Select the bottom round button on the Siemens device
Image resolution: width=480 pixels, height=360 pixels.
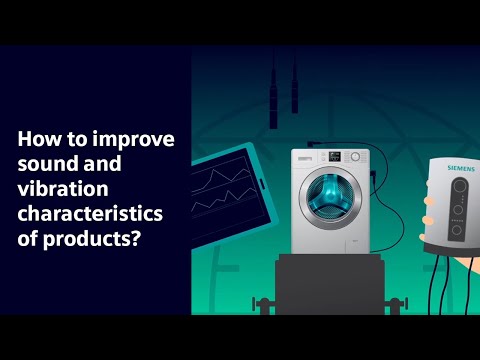[x=457, y=229]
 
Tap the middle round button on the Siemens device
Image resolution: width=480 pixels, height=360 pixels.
[x=458, y=212]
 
